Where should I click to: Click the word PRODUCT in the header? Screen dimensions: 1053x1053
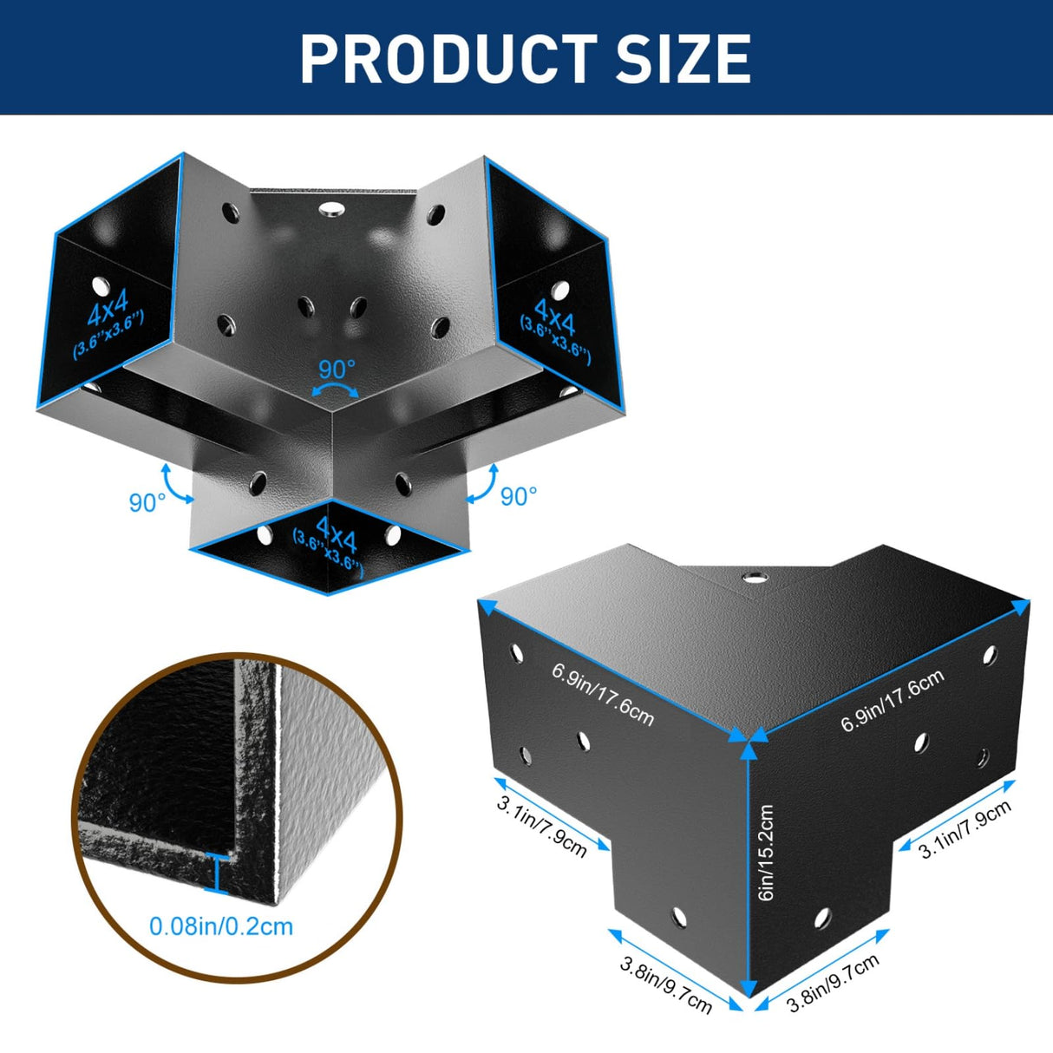[448, 58]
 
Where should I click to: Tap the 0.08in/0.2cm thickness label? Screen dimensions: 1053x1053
[221, 926]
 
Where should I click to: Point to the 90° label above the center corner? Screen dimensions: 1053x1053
[337, 370]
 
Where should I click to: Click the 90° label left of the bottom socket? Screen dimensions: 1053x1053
[147, 503]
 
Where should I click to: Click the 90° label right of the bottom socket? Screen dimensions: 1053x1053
[519, 496]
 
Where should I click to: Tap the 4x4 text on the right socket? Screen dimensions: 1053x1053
[554, 317]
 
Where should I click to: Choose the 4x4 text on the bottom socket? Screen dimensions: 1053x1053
[337, 534]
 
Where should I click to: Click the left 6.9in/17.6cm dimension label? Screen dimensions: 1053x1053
[602, 694]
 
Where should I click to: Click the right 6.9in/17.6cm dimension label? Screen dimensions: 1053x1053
[893, 699]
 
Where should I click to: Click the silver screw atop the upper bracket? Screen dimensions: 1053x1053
[330, 208]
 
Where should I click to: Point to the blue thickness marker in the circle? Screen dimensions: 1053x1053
[217, 874]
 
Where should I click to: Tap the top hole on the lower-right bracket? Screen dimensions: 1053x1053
[755, 578]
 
